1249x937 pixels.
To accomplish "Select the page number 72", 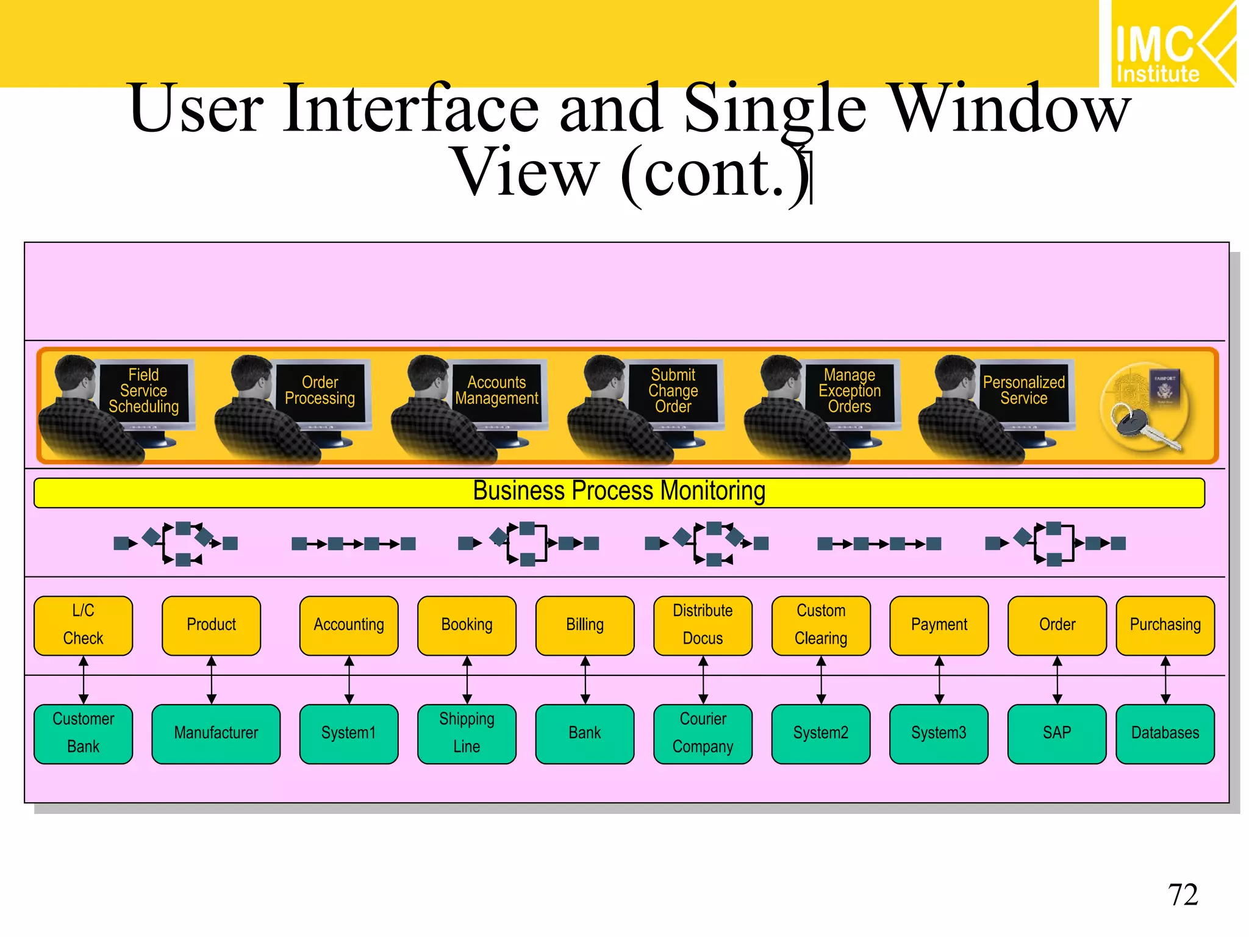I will [x=1183, y=895].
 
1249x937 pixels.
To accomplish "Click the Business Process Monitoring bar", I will [x=619, y=492].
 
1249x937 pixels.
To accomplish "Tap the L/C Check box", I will [x=84, y=625].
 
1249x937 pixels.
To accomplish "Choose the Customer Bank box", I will [x=84, y=733].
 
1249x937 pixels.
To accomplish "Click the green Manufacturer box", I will [x=216, y=733].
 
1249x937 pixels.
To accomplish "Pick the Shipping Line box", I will [x=467, y=733].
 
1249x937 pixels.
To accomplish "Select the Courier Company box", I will [x=703, y=733].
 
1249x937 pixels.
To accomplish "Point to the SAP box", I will [x=1056, y=733].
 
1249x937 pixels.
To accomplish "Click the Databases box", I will [x=1165, y=733].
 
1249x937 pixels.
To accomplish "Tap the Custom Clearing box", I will [x=821, y=625].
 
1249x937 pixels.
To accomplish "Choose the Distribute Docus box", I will [x=703, y=625].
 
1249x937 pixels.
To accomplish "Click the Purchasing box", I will [x=1165, y=625].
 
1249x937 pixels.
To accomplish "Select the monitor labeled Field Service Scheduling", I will [x=145, y=391].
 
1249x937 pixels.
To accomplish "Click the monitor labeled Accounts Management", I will [x=496, y=391].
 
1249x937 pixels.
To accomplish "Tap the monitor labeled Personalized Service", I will [x=1024, y=391].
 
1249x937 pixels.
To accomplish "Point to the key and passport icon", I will [x=1145, y=407].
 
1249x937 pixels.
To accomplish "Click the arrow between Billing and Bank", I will [x=585, y=680].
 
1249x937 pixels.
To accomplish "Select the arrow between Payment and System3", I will [x=939, y=680].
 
